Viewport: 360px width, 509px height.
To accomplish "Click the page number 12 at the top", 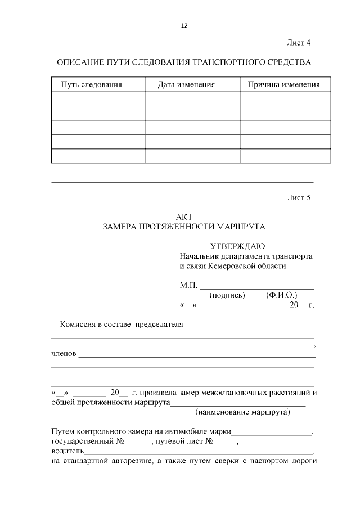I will pos(184,26).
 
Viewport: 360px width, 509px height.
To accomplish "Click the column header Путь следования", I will pos(91,85).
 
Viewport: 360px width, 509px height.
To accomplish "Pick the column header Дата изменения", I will pos(187,85).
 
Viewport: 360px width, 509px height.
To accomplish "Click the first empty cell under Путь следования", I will pos(98,99).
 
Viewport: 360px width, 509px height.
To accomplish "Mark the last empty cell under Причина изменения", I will pos(285,156).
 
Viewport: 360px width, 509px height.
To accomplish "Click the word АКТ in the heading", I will pos(184,217).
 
